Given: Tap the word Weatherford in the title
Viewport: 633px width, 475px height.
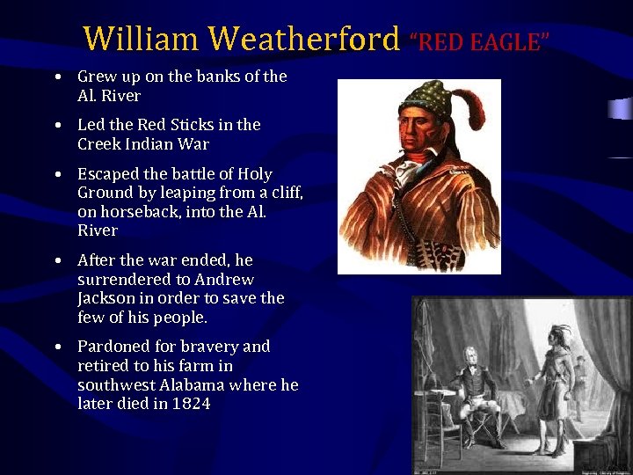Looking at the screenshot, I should (304, 40).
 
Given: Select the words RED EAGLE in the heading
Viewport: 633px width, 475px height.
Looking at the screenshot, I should (480, 41).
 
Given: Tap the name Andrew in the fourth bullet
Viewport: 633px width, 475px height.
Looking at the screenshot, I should (224, 280).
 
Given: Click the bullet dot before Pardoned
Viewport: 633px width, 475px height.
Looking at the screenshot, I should (56, 347).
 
